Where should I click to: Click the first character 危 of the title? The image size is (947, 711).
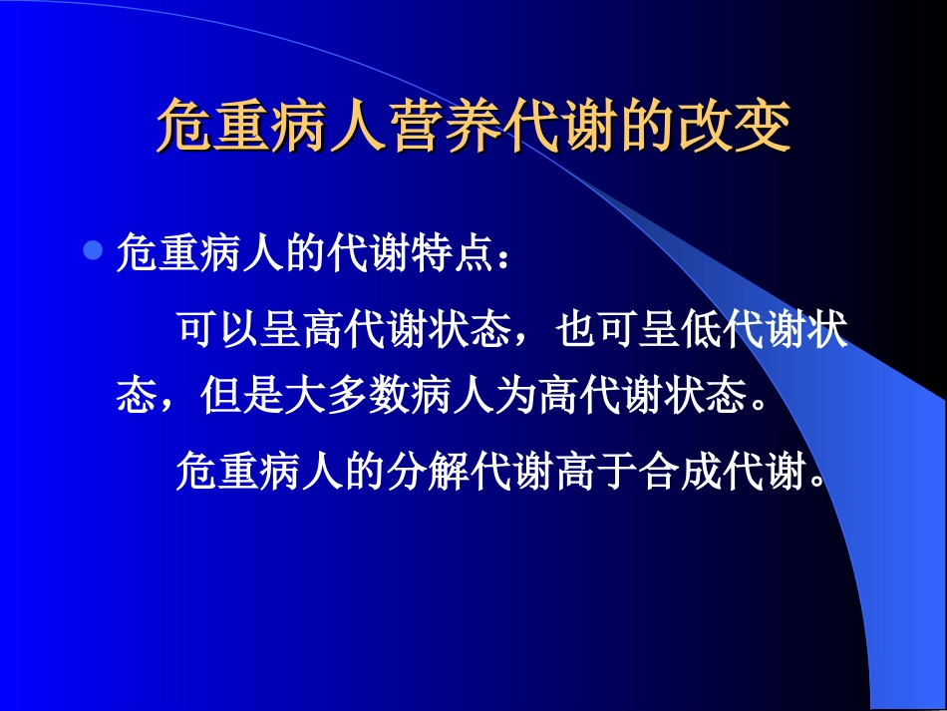pyautogui.click(x=184, y=127)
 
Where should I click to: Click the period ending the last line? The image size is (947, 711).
pyautogui.click(x=819, y=480)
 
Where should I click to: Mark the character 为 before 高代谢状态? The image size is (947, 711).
pyautogui.click(x=513, y=397)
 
